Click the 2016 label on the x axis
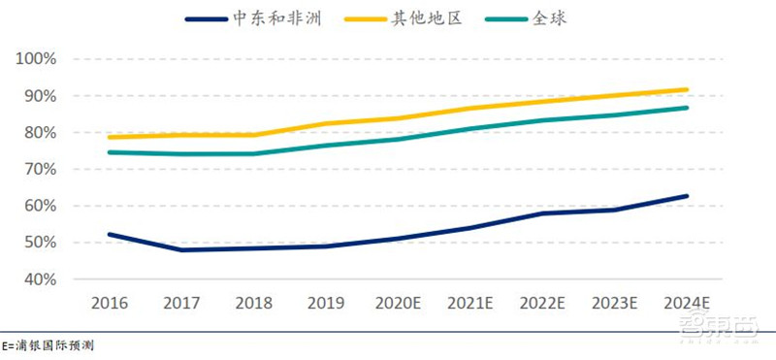point(109,302)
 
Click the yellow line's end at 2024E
point(687,89)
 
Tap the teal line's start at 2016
point(109,152)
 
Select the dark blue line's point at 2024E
point(687,196)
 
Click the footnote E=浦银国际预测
point(48,345)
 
